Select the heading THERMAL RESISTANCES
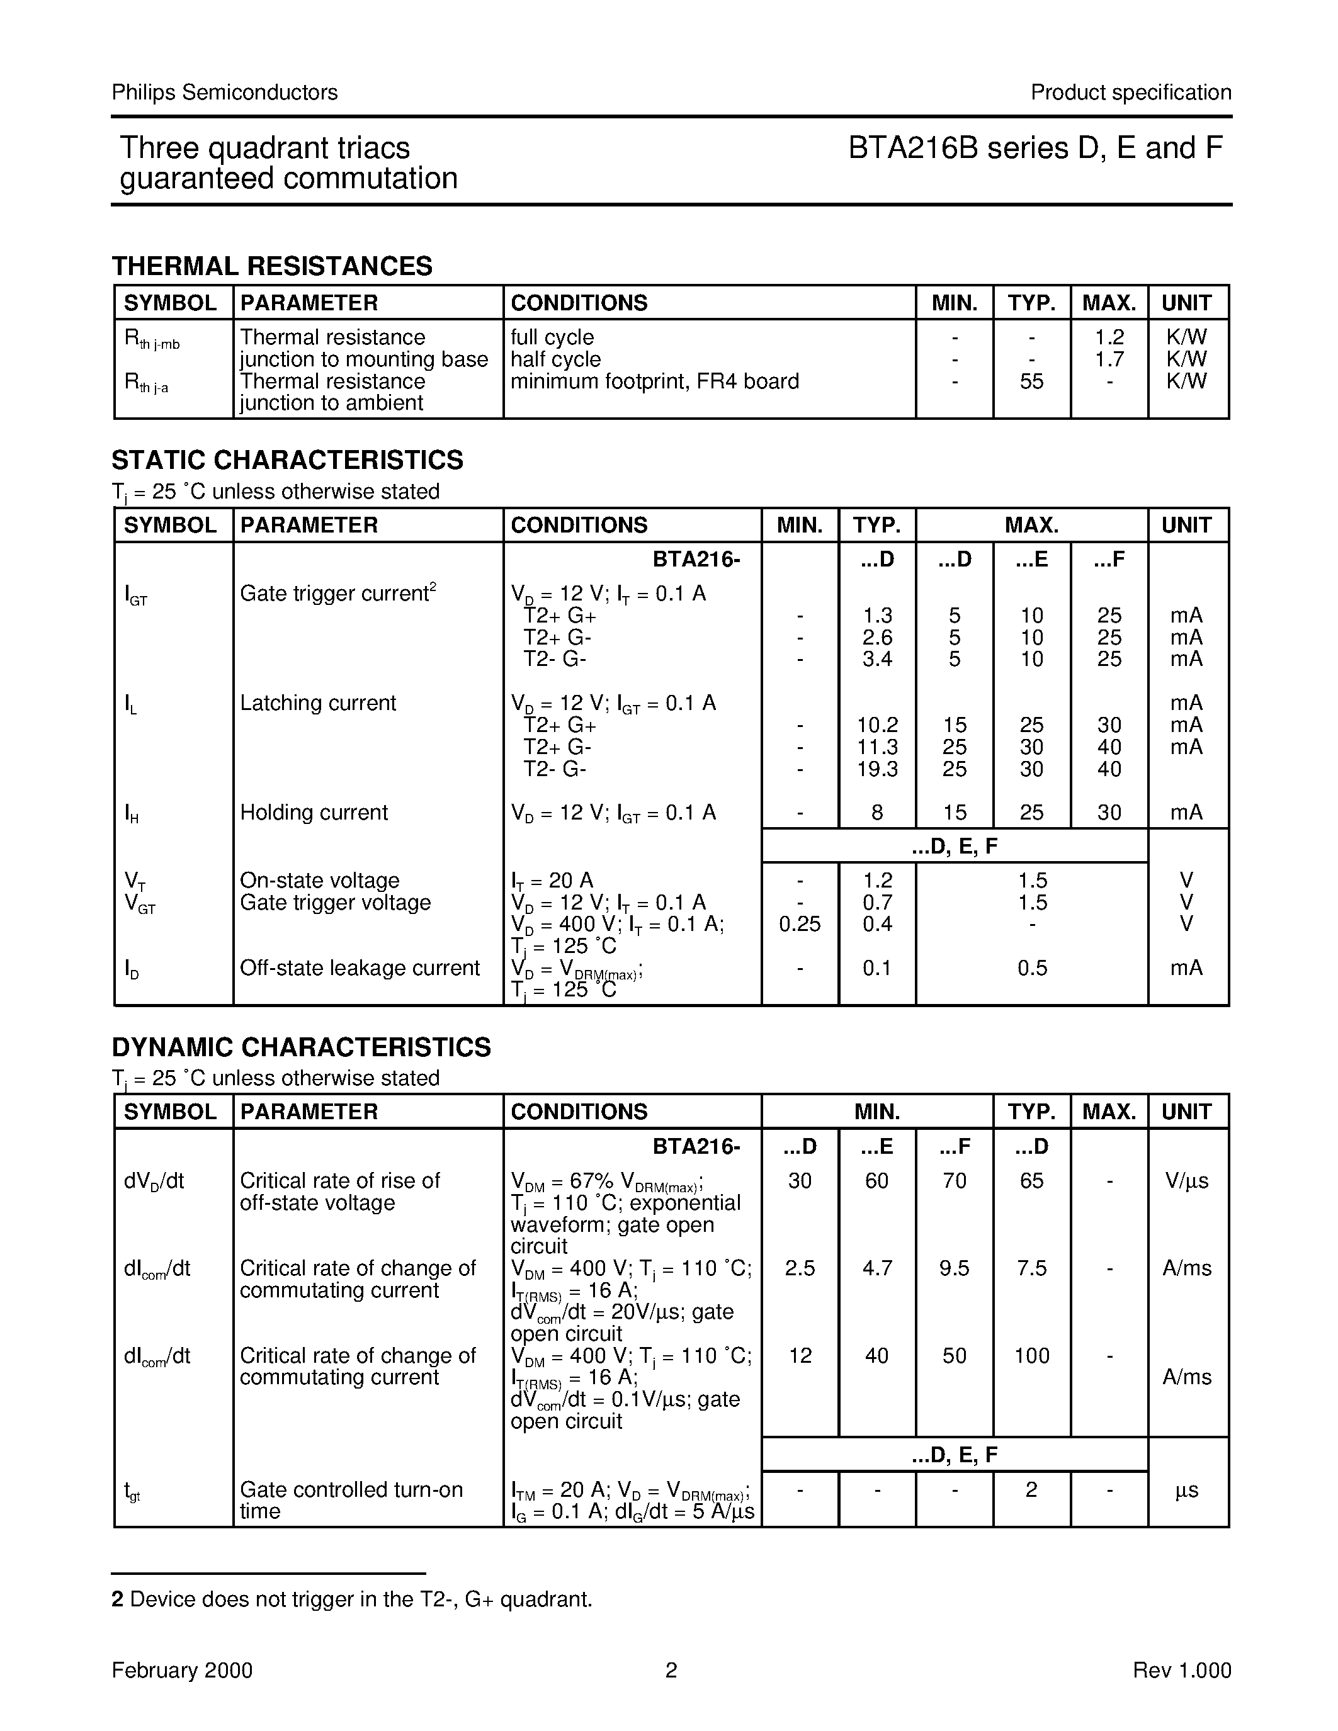click(x=272, y=266)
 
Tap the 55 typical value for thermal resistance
click(x=1031, y=381)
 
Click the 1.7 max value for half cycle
click(x=1109, y=359)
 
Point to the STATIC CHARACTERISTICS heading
click(x=287, y=460)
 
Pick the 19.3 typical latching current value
click(x=876, y=769)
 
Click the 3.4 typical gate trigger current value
click(x=876, y=658)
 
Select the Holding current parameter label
click(x=314, y=813)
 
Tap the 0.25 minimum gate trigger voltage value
click(x=800, y=924)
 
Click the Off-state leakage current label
click(x=360, y=967)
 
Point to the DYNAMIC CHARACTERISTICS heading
click(x=301, y=1047)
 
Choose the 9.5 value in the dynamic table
click(x=955, y=1268)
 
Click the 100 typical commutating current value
click(x=1031, y=1355)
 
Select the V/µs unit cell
click(x=1187, y=1181)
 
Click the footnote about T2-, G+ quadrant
click(x=352, y=1599)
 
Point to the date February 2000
click(x=183, y=1671)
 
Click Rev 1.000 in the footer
click(x=1182, y=1671)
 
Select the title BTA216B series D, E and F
click(x=1035, y=148)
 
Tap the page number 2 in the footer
click(x=671, y=1671)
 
